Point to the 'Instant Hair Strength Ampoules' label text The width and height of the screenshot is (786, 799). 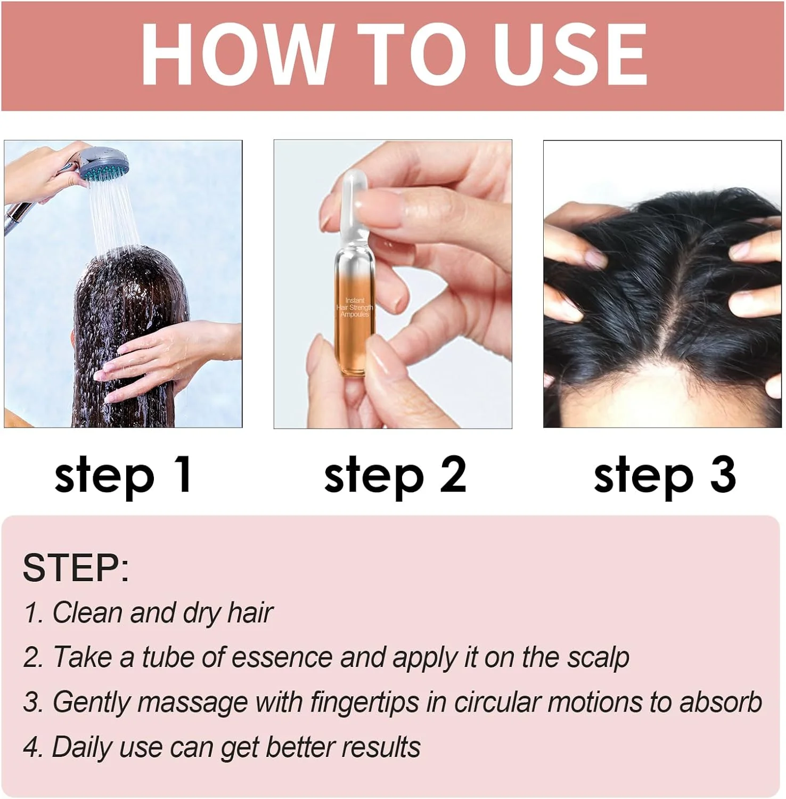tap(355, 308)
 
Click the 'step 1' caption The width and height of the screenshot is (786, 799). tap(123, 476)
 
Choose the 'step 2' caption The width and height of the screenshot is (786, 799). tap(395, 476)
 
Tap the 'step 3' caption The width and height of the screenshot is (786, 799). tap(665, 476)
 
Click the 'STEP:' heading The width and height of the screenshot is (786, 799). tap(76, 568)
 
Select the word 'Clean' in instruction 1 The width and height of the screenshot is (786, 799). tap(88, 613)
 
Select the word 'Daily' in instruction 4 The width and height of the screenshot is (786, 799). tap(82, 748)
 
